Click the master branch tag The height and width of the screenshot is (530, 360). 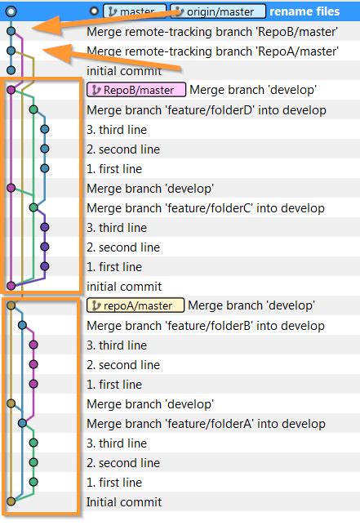click(x=135, y=11)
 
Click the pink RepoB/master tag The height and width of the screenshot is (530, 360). click(x=136, y=90)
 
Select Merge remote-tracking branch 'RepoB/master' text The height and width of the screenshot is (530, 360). click(x=212, y=31)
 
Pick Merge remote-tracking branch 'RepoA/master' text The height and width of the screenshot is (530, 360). click(x=212, y=51)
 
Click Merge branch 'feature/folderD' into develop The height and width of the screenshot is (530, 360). click(x=206, y=109)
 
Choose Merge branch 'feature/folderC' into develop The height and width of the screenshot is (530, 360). click(x=206, y=207)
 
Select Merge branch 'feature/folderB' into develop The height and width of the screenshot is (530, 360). click(x=206, y=325)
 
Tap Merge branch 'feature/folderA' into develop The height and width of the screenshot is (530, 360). click(x=206, y=423)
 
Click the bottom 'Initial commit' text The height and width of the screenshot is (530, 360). click(x=124, y=501)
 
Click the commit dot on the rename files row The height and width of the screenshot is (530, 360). click(x=11, y=11)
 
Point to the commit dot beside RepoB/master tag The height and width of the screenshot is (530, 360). click(x=11, y=90)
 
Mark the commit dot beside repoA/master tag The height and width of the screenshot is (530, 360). click(x=11, y=305)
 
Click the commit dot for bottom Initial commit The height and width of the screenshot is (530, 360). click(x=11, y=501)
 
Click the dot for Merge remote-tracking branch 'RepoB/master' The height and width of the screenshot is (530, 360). click(x=11, y=31)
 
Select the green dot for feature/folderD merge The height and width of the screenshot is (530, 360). click(x=33, y=109)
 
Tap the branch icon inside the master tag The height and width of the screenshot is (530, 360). click(x=112, y=11)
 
